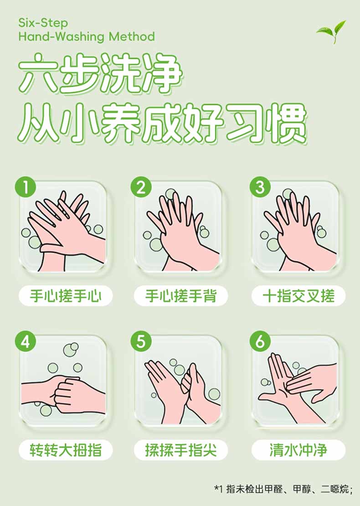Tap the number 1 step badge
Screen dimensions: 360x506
(x=25, y=187)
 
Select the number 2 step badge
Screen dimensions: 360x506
(x=141, y=187)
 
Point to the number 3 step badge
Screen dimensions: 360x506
(x=260, y=187)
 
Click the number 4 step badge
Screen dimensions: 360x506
(x=25, y=341)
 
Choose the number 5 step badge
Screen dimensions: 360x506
(x=141, y=341)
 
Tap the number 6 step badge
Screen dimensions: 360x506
(x=260, y=341)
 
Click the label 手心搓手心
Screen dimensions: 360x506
(x=66, y=296)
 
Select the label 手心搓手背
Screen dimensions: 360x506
(x=180, y=296)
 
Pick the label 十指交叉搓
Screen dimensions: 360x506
(x=298, y=296)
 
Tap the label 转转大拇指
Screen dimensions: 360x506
(x=66, y=450)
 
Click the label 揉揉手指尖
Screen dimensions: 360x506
(x=180, y=450)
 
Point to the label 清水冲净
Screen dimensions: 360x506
(x=298, y=450)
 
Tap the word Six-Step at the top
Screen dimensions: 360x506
(x=43, y=23)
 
